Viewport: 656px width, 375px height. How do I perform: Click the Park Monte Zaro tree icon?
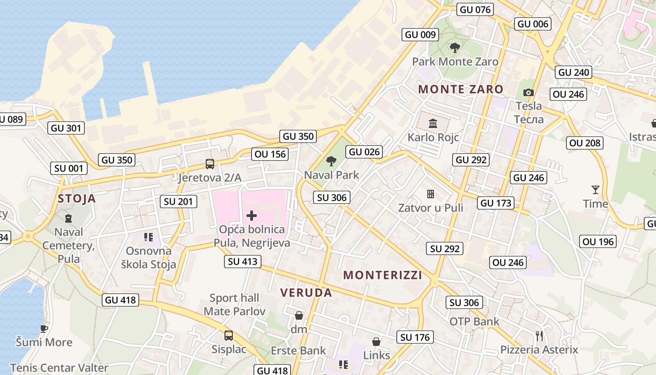point(455,47)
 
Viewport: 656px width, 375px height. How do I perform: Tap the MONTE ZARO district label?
point(461,89)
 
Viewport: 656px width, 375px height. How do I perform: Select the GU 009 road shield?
point(420,34)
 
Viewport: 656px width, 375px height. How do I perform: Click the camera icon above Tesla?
point(529,92)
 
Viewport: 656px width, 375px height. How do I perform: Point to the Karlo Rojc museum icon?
point(433,124)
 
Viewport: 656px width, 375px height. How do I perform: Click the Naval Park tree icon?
point(331,161)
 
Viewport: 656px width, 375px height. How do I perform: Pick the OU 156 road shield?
point(270,154)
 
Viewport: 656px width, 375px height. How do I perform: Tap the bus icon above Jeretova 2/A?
point(210,164)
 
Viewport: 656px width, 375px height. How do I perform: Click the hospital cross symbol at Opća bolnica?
point(252,216)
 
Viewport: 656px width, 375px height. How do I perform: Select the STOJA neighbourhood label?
point(77,199)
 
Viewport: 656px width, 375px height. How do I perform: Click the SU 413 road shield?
point(243,261)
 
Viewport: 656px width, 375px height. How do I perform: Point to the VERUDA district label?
point(306,293)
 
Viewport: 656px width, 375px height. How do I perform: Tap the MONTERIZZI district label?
point(383,275)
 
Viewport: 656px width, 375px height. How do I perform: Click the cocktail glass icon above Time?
point(595,190)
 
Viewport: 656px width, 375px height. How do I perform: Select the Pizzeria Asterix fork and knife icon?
point(539,336)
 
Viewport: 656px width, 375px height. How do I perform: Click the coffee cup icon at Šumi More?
point(44,328)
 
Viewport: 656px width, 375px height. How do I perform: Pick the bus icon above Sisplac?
point(229,336)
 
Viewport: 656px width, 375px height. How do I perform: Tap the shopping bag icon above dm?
point(298,315)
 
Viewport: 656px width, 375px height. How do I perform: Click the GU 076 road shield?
point(475,9)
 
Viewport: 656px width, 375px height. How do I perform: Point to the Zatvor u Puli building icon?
point(431,194)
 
